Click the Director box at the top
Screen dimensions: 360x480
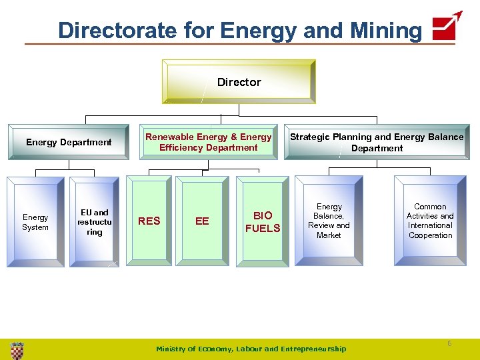[x=239, y=82]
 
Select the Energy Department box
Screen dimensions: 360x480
[x=69, y=142]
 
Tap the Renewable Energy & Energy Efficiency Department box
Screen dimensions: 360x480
[x=209, y=142]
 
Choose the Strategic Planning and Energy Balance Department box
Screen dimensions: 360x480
[x=377, y=142]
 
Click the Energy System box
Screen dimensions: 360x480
[x=35, y=222]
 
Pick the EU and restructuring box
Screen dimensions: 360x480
[x=94, y=222]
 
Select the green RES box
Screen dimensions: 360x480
[x=149, y=221]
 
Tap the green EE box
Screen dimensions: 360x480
[x=202, y=221]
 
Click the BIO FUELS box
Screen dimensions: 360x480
[x=263, y=221]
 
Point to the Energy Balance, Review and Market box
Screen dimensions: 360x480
[x=329, y=221]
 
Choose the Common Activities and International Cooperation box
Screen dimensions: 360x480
[x=430, y=221]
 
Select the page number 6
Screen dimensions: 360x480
[x=449, y=343]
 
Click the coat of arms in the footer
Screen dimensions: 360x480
[x=17, y=349]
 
